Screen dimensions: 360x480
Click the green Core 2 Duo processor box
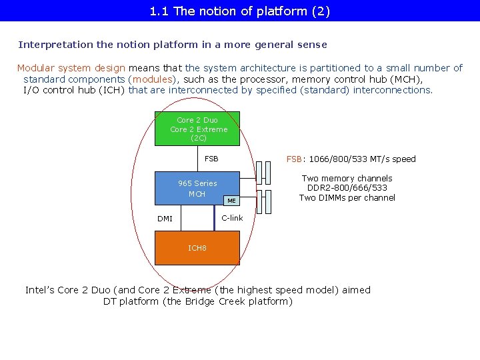point(197,129)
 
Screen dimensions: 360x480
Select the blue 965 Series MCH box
point(187,189)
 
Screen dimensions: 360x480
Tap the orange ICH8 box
point(197,248)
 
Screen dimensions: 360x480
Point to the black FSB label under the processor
point(211,159)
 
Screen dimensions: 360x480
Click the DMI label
point(165,219)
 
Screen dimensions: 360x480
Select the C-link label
point(232,218)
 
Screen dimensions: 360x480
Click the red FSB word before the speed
point(295,159)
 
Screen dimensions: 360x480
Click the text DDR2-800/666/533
point(347,188)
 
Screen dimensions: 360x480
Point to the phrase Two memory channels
point(347,178)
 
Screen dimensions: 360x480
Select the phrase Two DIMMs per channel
point(347,197)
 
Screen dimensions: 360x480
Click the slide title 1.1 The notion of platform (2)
point(240,11)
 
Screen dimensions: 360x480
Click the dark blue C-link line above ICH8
point(215,218)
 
